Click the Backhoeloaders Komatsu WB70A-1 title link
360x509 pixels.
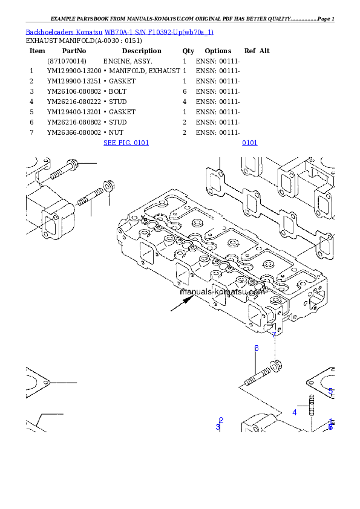[x=119, y=31]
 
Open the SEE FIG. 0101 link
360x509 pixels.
[x=126, y=143]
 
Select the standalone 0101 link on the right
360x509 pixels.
[x=249, y=143]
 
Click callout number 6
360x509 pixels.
[x=257, y=348]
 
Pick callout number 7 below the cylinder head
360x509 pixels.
[x=274, y=334]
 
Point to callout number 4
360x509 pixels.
[x=295, y=412]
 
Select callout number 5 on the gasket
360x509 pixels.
[x=330, y=391]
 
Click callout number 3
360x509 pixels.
[x=218, y=427]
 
